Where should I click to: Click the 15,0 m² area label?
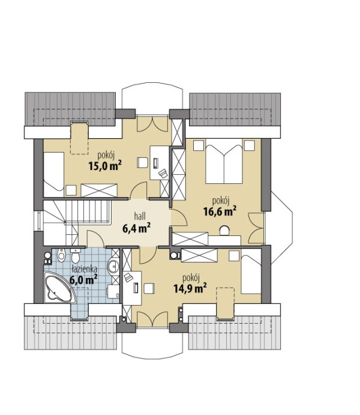pyautogui.click(x=105, y=166)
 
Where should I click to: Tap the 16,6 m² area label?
pyautogui.click(x=220, y=211)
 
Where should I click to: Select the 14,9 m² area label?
pyautogui.click(x=190, y=288)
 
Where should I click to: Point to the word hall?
pyautogui.click(x=140, y=216)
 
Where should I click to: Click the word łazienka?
pyautogui.click(x=85, y=269)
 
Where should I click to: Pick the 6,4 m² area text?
pyautogui.click(x=136, y=228)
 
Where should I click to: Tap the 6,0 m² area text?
pyautogui.click(x=83, y=279)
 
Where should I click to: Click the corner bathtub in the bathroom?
pyautogui.click(x=60, y=288)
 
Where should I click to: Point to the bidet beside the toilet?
pyautogui.click(x=61, y=255)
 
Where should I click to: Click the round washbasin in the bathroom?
pyautogui.click(x=113, y=266)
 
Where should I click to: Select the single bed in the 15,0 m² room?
pyautogui.click(x=53, y=174)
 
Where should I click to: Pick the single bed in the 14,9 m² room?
pyautogui.click(x=251, y=271)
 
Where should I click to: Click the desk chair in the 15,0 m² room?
pyautogui.click(x=142, y=162)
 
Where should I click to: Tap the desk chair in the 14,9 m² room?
pyautogui.click(x=149, y=288)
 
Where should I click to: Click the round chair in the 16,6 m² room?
pyautogui.click(x=224, y=230)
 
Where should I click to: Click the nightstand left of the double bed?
pyautogui.click(x=199, y=145)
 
